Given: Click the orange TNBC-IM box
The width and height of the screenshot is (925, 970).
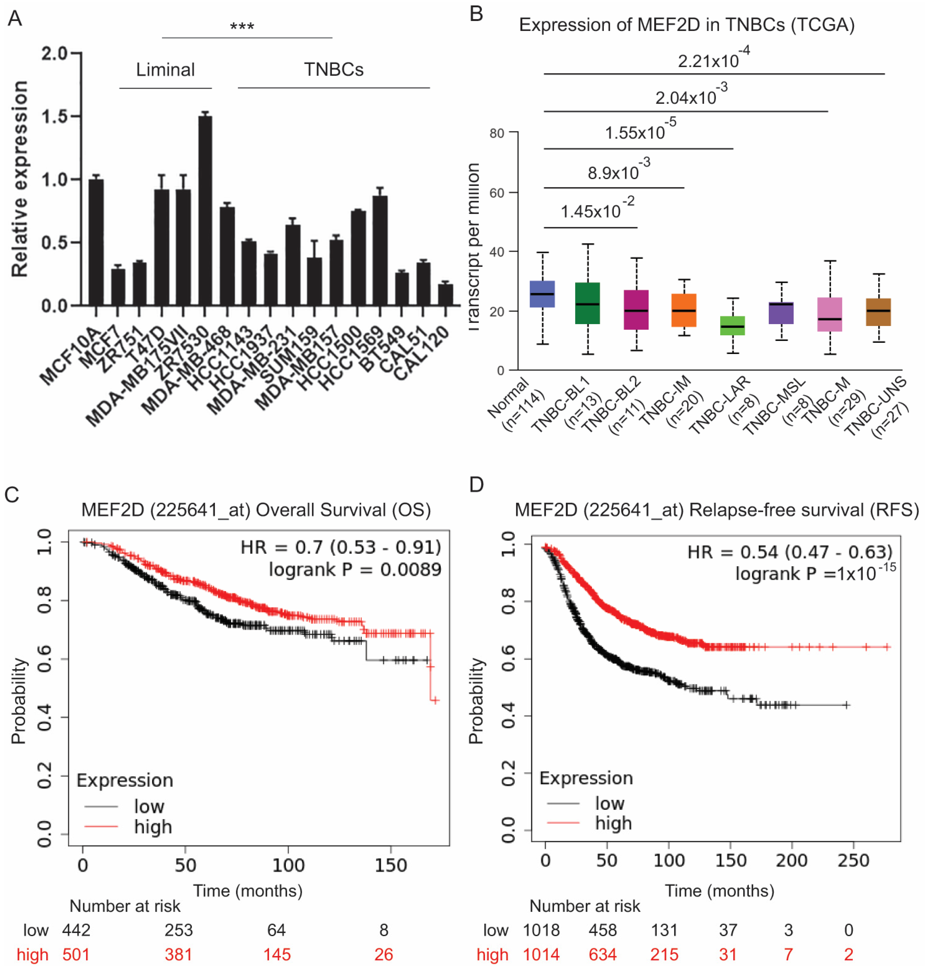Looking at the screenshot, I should tap(684, 310).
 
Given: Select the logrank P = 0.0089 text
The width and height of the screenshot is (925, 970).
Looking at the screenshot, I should tap(354, 570).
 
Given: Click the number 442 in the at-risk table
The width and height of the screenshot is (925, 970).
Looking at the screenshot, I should tap(76, 930).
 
